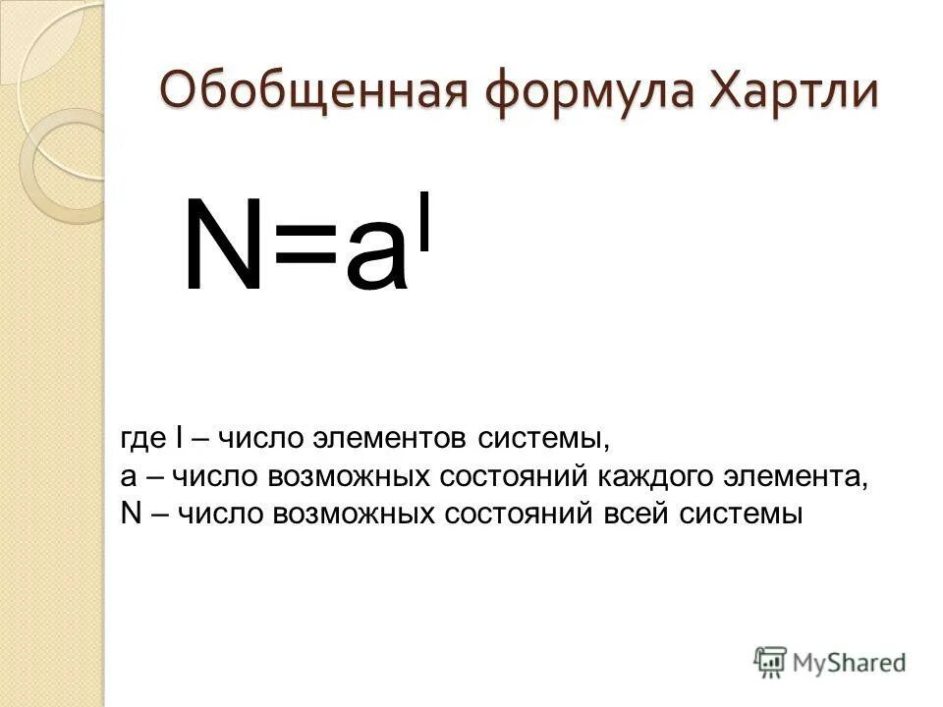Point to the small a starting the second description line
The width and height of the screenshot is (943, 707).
[x=129, y=477]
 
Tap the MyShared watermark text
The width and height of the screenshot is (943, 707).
[x=850, y=663]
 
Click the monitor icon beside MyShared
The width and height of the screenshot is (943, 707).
[x=771, y=661]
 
